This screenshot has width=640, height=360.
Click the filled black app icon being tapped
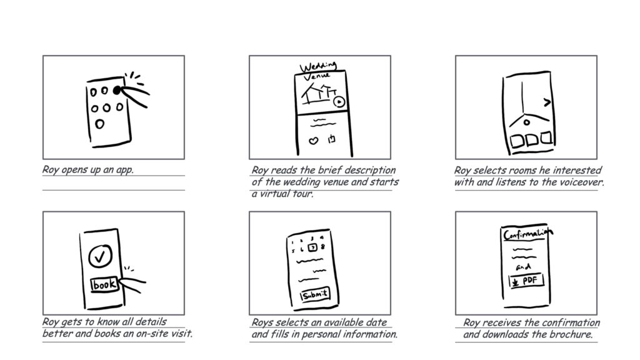point(117,90)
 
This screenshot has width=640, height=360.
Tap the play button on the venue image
point(339,102)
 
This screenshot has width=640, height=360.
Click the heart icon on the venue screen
point(313,141)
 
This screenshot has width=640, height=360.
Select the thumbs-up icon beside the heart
point(331,139)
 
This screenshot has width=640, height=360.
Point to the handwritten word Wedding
point(318,66)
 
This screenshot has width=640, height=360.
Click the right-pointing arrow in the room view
point(547,102)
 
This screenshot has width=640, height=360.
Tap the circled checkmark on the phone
point(100,256)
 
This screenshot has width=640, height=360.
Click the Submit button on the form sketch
point(315,294)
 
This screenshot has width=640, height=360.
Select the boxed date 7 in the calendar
point(312,247)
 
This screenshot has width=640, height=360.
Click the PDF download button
point(526,281)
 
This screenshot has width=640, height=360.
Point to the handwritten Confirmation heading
point(528,234)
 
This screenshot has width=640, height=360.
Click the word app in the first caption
point(124,169)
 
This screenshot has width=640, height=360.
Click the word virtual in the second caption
point(273,194)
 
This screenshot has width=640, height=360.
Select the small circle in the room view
point(526,122)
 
